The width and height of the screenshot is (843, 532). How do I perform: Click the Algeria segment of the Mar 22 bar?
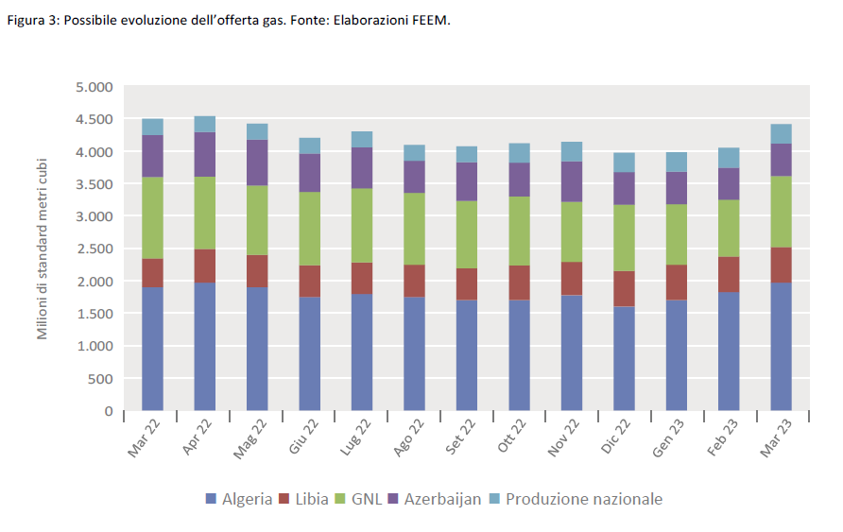[152, 349]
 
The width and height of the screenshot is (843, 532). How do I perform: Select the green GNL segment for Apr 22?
[204, 213]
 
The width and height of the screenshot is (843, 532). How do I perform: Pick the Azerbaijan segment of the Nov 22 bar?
[570, 181]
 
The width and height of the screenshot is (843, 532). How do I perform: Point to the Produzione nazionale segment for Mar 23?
[781, 133]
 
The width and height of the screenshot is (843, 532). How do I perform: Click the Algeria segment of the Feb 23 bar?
[729, 352]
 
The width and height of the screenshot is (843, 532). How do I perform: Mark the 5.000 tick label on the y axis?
[94, 87]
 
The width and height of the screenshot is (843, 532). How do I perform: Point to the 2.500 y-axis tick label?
[94, 249]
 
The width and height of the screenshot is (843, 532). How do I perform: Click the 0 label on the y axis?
[108, 411]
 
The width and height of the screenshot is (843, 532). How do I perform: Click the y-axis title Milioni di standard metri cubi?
[43, 249]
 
